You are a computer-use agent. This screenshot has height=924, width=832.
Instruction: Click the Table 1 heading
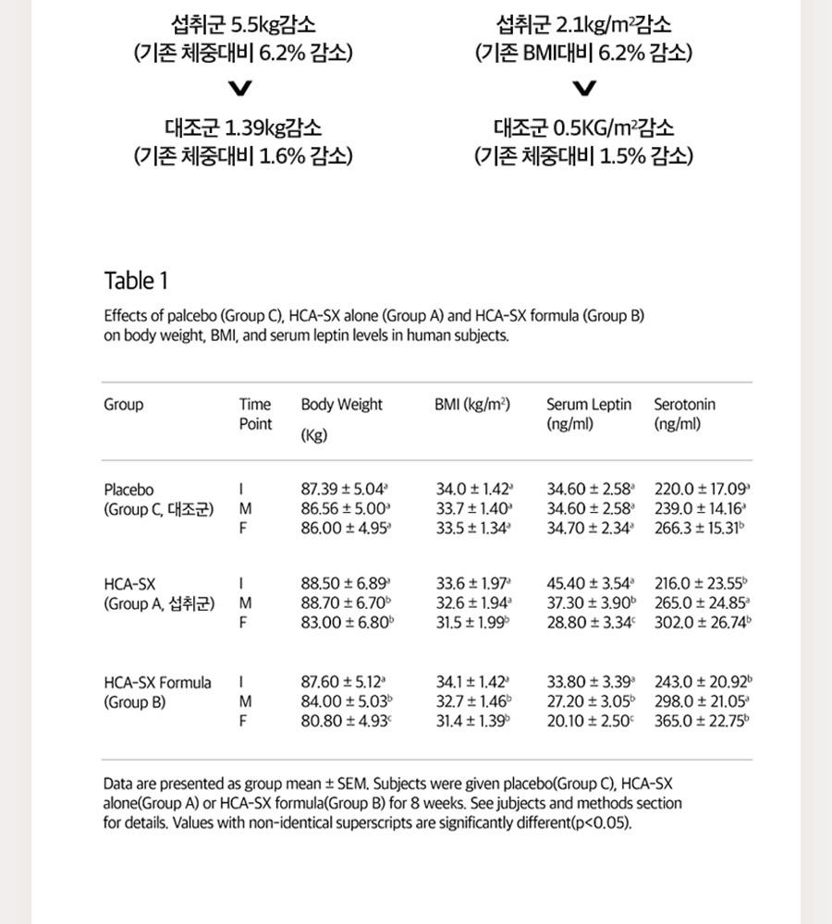136,280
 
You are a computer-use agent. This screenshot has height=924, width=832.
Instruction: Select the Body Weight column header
341,405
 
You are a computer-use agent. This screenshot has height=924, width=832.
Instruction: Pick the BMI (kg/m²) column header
472,405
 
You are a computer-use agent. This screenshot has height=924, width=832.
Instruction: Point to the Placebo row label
128,490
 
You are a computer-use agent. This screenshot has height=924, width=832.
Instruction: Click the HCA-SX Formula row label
157,683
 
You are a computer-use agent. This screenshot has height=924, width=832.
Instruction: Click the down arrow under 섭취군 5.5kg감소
241,89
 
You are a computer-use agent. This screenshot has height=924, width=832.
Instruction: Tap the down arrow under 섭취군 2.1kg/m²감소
584,89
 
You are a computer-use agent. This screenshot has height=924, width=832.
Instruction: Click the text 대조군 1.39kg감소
243,127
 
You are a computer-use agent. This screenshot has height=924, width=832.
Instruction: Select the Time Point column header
255,414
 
